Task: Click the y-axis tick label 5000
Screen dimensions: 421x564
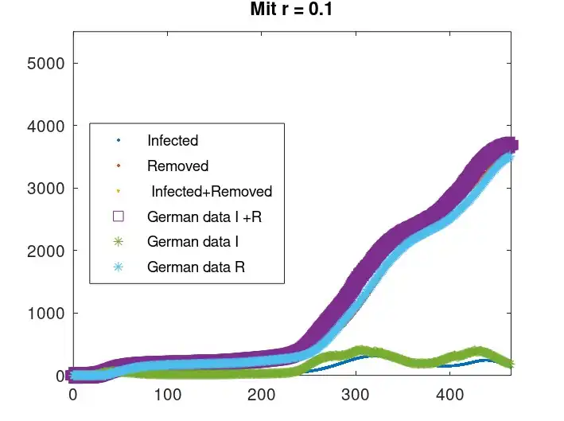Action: coord(48,64)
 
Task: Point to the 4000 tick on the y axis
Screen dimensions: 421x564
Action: coord(48,126)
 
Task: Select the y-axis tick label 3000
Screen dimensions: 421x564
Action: coord(48,189)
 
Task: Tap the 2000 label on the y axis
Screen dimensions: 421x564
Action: coord(48,251)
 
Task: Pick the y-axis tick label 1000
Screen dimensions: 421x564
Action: coord(48,314)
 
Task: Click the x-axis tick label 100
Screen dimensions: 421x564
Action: coord(167,394)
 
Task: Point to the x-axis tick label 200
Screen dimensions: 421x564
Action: coord(261,394)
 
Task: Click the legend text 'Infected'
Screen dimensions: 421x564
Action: coord(173,141)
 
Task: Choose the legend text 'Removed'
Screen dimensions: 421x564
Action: coord(177,166)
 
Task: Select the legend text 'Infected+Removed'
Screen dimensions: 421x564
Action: coord(211,192)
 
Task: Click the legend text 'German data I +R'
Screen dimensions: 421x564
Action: coord(204,216)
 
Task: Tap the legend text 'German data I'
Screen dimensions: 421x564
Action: coord(194,242)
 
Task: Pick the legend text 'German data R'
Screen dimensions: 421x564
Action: coord(196,267)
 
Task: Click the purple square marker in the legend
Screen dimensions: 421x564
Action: coord(119,216)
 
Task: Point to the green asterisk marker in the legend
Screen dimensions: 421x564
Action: coord(119,242)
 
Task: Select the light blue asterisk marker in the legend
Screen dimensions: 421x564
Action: coord(119,267)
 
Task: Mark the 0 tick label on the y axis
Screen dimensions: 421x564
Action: coord(60,376)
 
